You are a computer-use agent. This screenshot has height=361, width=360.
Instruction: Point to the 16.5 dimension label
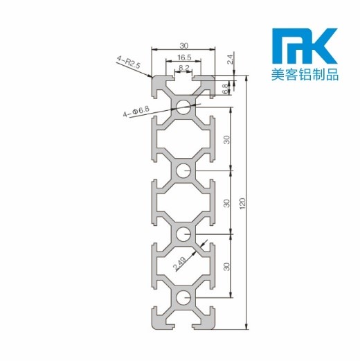tap(183, 58)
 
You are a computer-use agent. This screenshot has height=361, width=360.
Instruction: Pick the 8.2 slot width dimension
tap(183, 68)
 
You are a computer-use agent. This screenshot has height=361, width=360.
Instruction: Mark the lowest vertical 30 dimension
tap(226, 267)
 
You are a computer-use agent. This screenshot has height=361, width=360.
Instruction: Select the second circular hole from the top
tap(183, 170)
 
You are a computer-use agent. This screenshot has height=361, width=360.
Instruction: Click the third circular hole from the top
tap(183, 234)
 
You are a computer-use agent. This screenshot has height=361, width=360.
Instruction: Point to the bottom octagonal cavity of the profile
tap(183, 267)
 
